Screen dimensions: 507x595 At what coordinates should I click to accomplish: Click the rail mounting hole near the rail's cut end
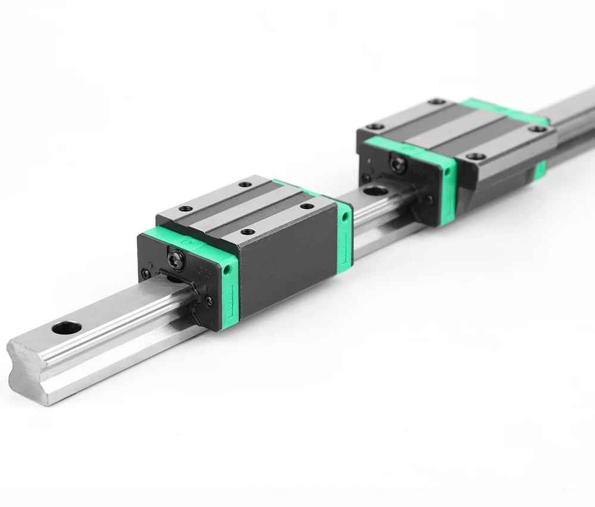(x=66, y=327)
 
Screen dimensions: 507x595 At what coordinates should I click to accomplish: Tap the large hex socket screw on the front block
(x=174, y=256)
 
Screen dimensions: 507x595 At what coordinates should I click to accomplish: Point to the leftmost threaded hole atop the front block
(x=186, y=209)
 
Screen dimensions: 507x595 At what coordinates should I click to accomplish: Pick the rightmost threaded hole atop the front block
(x=307, y=206)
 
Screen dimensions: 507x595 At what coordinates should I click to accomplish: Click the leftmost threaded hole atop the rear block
(x=375, y=126)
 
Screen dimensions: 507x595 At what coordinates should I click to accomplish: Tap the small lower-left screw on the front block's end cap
(x=145, y=274)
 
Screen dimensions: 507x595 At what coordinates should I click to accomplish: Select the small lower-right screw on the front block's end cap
(x=208, y=301)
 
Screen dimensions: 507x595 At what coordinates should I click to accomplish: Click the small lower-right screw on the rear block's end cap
(x=429, y=199)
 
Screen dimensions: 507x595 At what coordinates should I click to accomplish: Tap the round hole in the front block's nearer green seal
(x=227, y=270)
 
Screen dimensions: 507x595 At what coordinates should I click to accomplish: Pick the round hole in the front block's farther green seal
(x=346, y=216)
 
